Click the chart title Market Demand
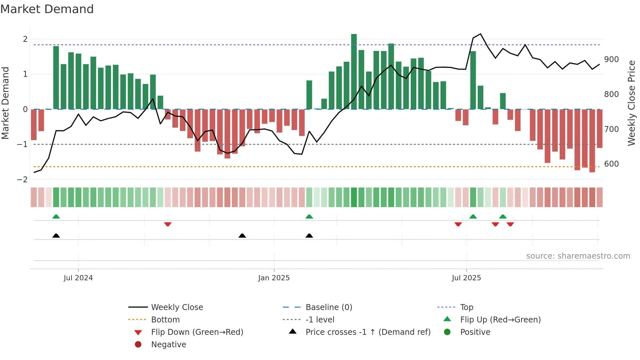(47, 9)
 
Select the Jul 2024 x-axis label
(78, 278)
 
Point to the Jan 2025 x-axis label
(274, 278)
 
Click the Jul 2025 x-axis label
(466, 278)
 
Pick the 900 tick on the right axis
(611, 59)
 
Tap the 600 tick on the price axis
(611, 164)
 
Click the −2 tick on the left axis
(22, 180)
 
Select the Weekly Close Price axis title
(632, 103)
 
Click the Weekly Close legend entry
(177, 307)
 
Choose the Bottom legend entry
(165, 320)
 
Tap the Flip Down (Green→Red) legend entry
(197, 332)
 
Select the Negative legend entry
(168, 345)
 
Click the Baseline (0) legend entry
(329, 307)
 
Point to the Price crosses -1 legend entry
(368, 332)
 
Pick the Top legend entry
(467, 307)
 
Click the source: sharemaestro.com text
(578, 256)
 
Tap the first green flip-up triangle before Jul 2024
(56, 217)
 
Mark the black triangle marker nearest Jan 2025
(242, 236)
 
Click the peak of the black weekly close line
(480, 34)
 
